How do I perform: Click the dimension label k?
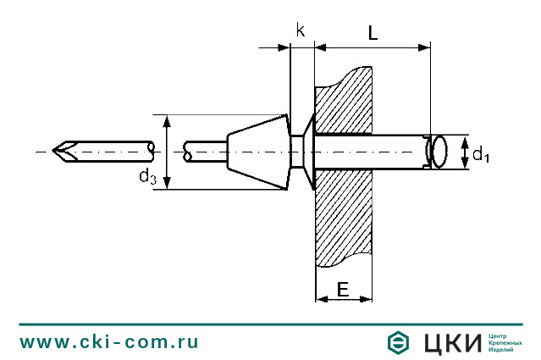click(x=301, y=30)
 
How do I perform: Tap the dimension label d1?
click(x=480, y=154)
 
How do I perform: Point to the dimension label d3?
click(x=147, y=175)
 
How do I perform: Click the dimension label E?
click(x=343, y=289)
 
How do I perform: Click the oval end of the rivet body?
click(x=439, y=152)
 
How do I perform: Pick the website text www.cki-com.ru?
click(x=109, y=342)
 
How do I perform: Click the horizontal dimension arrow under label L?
click(x=373, y=50)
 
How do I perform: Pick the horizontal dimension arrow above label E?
click(x=343, y=298)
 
